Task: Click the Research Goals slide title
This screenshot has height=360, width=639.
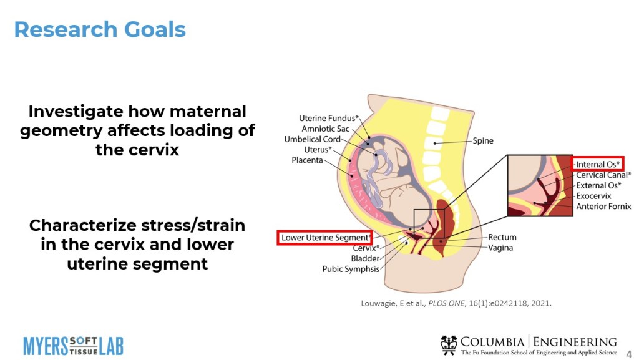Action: click(100, 29)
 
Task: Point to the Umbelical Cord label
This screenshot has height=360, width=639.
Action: click(313, 139)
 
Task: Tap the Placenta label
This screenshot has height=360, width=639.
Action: click(307, 160)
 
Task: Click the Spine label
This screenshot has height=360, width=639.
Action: click(483, 141)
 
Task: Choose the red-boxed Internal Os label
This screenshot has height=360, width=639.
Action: click(598, 165)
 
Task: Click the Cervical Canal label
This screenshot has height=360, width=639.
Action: click(602, 175)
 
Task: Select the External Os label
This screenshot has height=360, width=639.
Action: click(598, 185)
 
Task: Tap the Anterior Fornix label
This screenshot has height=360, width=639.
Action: click(603, 207)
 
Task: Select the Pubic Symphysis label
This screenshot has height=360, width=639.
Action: click(350, 269)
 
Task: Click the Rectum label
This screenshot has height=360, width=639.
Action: click(502, 237)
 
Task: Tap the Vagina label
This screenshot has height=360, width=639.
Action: click(500, 248)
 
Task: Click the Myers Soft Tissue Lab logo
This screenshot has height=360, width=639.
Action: click(73, 344)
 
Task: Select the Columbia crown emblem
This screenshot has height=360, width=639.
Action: click(448, 344)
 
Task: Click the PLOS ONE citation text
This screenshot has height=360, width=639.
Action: click(456, 304)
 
